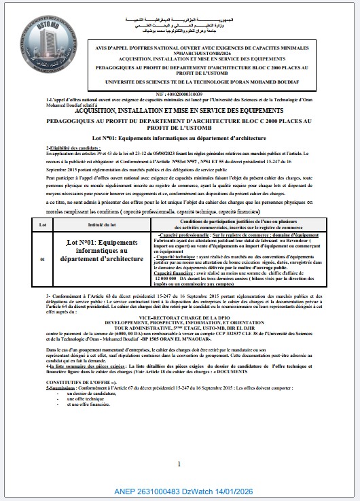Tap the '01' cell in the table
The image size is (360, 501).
click(x=42, y=260)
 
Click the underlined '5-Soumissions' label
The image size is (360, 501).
click(x=62, y=388)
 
